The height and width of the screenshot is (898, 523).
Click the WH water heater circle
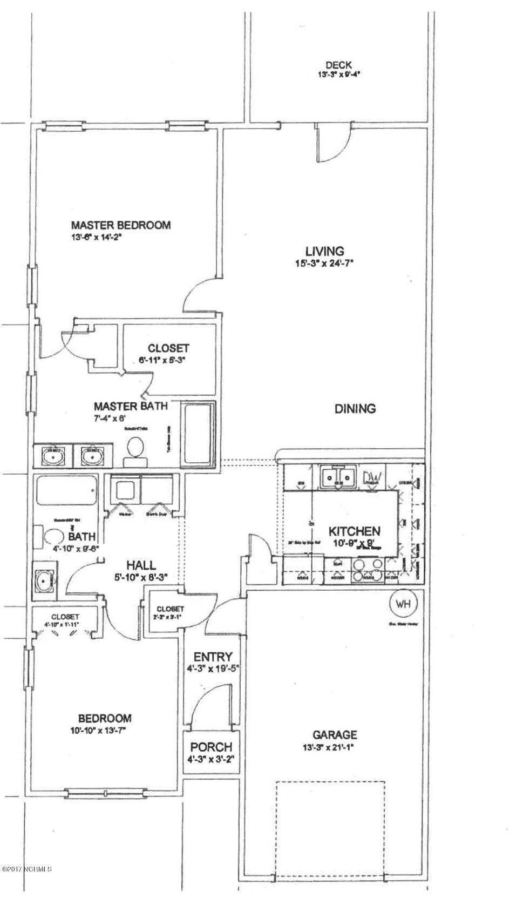click(x=403, y=603)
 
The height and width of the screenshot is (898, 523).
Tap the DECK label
click(x=338, y=65)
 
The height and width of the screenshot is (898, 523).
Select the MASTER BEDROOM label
click(x=121, y=225)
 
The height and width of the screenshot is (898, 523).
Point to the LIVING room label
click(x=324, y=251)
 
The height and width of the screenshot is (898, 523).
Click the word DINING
click(x=355, y=409)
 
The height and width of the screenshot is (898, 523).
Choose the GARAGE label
click(x=335, y=734)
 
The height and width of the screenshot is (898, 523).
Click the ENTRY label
click(x=213, y=657)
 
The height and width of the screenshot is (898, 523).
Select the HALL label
click(x=141, y=565)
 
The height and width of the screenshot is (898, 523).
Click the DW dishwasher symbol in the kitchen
click(x=372, y=477)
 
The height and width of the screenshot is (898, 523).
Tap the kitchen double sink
click(x=335, y=477)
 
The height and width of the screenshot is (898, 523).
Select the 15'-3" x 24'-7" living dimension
click(x=325, y=264)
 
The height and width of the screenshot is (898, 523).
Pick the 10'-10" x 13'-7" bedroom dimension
click(x=105, y=731)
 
